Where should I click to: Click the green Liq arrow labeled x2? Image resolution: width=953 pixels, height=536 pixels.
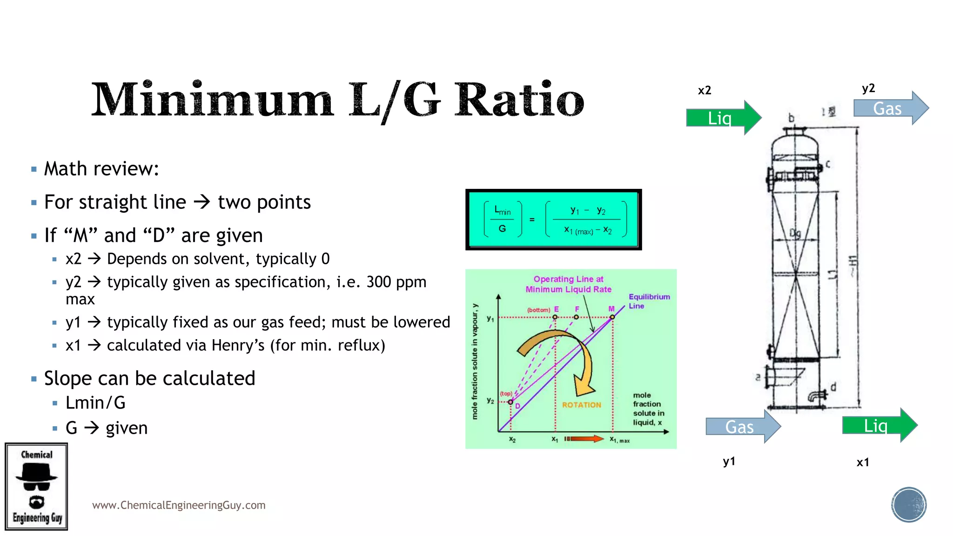coord(723,118)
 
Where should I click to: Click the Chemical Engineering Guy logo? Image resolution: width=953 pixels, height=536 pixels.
coord(36,486)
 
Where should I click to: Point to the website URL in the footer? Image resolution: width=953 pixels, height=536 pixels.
coord(179,505)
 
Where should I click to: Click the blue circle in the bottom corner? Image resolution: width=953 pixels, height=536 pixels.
coord(908,505)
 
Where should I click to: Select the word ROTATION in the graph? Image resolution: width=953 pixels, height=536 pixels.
coord(581,405)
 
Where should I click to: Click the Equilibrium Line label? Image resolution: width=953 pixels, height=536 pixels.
coord(649,301)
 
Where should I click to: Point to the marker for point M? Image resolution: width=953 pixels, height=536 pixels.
coord(612,317)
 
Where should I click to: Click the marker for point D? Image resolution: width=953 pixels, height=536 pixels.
coord(510,402)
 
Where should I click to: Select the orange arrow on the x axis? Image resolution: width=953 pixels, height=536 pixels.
coord(584,439)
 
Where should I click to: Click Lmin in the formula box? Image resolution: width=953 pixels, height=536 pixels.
coord(502,210)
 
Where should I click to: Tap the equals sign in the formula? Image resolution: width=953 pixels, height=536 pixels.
coord(532,219)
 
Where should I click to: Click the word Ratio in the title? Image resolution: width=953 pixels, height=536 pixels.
coord(518,100)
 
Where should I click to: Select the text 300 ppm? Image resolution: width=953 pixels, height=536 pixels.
coord(396,282)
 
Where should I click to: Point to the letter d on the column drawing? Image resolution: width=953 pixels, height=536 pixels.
coord(833,387)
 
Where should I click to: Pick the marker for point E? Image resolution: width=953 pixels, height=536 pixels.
coord(555,317)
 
